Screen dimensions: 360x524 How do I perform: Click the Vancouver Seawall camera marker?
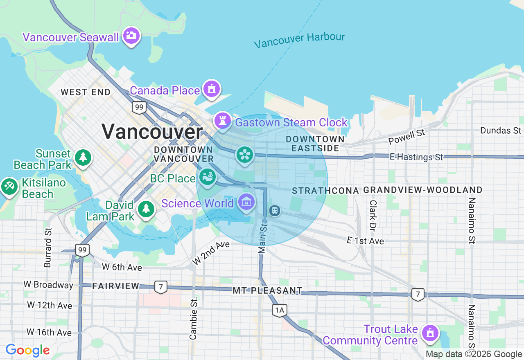(x=131, y=36)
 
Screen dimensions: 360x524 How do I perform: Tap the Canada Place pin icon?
(x=211, y=89)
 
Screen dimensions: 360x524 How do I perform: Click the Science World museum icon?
(x=246, y=202)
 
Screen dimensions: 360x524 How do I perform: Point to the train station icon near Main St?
(x=274, y=211)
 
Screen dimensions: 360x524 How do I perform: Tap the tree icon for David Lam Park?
(x=145, y=209)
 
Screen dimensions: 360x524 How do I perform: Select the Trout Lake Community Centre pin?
(x=430, y=333)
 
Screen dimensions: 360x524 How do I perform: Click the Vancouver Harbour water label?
(x=299, y=40)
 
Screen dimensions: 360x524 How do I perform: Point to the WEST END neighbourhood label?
(x=86, y=92)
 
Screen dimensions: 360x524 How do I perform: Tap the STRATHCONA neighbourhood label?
(x=325, y=191)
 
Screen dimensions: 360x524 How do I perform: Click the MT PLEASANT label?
(x=267, y=290)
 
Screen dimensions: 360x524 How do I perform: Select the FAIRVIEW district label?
(x=115, y=286)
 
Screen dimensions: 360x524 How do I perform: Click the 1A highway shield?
(x=280, y=310)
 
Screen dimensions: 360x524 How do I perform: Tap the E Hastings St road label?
(x=416, y=157)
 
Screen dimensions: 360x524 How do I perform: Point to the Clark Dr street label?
(x=373, y=215)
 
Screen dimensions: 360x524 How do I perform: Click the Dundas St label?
(x=501, y=130)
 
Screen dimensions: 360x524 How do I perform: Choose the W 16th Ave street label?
(x=49, y=332)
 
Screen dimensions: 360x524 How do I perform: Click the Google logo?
(x=27, y=350)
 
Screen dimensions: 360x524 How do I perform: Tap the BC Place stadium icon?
(x=208, y=177)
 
